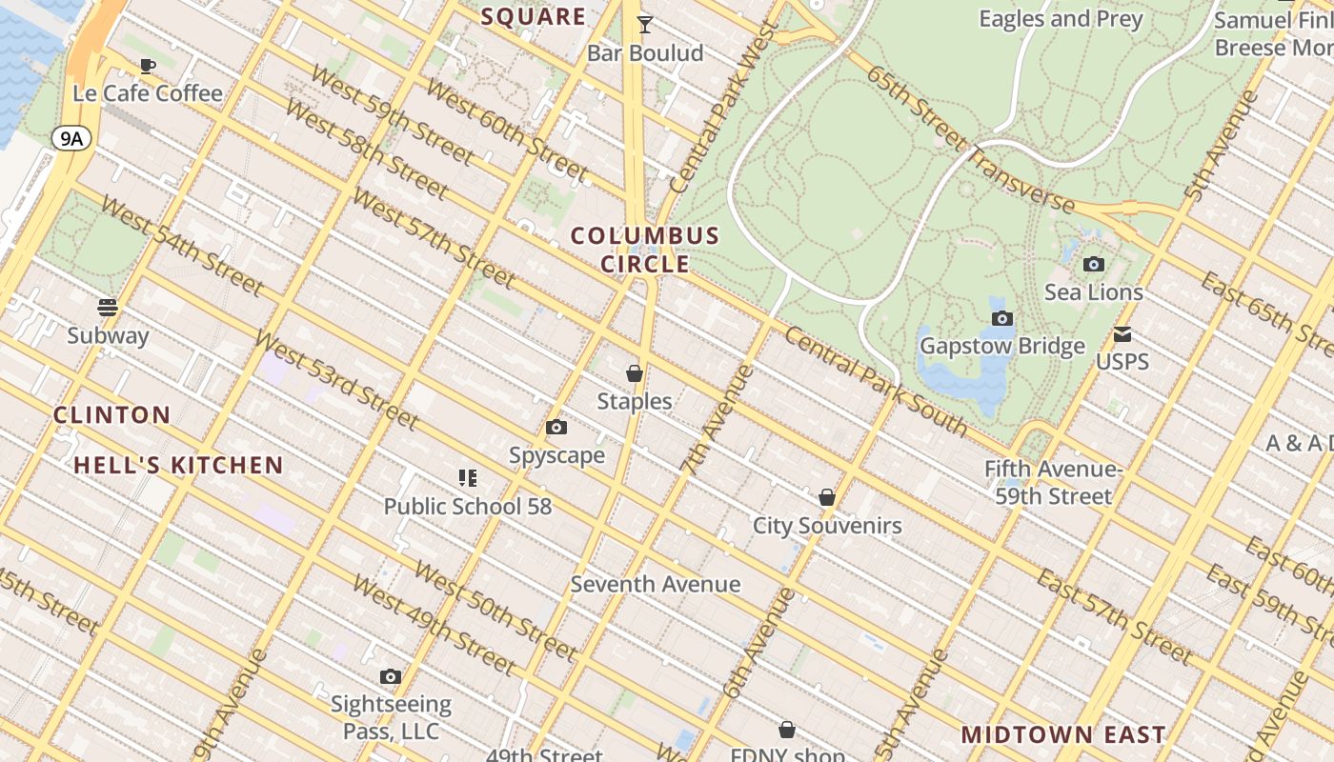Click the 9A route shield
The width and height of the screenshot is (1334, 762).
click(71, 139)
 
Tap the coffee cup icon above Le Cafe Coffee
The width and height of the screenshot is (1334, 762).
click(147, 66)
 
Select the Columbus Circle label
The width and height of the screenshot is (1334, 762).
click(645, 250)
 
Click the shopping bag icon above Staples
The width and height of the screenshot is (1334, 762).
click(635, 373)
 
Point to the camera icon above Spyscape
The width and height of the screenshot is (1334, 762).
click(556, 428)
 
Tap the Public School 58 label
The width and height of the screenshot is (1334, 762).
click(468, 506)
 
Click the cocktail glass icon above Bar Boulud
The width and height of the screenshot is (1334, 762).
click(645, 25)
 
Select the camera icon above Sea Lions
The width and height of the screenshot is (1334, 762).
click(1094, 264)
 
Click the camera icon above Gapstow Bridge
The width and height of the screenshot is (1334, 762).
click(1001, 319)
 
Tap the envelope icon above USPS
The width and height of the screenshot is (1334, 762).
click(1122, 334)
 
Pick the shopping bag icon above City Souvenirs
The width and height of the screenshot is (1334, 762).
click(827, 497)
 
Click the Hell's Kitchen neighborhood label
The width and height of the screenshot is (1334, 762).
click(179, 466)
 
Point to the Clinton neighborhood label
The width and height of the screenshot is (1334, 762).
click(112, 415)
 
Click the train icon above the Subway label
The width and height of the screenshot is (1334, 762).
click(108, 308)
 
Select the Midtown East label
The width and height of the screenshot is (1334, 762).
click(1063, 734)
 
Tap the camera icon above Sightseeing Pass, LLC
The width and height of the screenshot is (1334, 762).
click(390, 677)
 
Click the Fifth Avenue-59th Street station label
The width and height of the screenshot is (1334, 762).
click(1053, 483)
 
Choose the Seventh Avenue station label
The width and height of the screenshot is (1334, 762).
click(656, 584)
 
